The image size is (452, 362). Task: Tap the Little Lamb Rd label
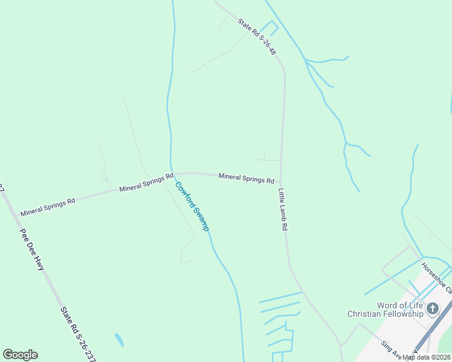tap(282, 210)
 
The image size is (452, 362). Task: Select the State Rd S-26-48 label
tap(257, 37)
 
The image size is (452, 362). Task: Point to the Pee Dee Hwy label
tap(32, 249)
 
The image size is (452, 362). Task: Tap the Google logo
tap(20, 355)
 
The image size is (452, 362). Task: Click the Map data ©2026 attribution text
tap(427, 357)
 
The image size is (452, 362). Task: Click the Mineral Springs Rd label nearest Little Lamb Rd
tap(246, 178)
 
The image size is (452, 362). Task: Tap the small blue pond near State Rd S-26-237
tap(120, 340)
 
